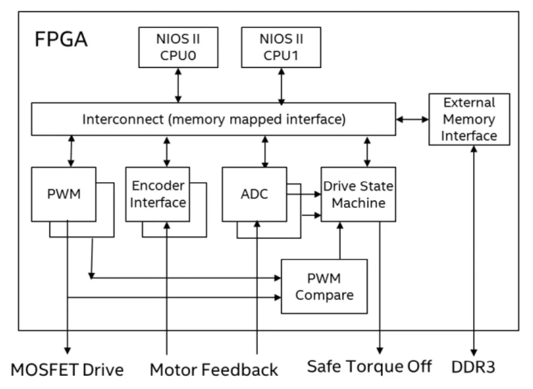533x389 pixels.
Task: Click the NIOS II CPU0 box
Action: point(178,47)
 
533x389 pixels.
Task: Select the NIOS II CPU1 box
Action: point(281,47)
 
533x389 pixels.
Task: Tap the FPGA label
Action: point(61,39)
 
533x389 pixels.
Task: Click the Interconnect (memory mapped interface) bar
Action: point(213,119)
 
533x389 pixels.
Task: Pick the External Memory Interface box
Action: point(468,119)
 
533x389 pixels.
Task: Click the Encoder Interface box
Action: point(158,194)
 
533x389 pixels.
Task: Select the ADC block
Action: point(254,194)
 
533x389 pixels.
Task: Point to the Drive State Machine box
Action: point(358,194)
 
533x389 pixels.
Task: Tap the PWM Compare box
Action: point(324,286)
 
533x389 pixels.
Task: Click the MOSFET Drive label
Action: point(67,369)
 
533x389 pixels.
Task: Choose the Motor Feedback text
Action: point(214,369)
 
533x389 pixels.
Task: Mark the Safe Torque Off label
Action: point(370,366)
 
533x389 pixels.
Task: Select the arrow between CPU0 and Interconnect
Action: point(178,85)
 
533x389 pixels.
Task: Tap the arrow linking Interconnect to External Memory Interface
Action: point(412,119)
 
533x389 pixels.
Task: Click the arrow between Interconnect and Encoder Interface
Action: point(167,151)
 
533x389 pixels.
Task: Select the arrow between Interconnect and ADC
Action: point(266,151)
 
